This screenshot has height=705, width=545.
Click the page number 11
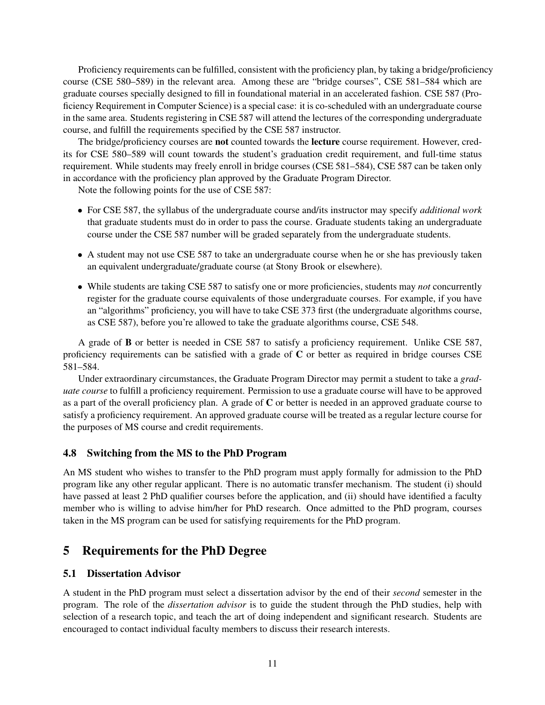coord(272,663)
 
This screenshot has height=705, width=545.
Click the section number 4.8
coord(70,453)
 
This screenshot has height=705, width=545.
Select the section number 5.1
coord(70,573)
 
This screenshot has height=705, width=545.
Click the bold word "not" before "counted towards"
coord(221,142)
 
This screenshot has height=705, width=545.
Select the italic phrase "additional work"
coord(451,210)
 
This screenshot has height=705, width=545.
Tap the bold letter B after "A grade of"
coord(128,342)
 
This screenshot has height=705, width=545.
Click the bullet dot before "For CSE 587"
coord(80,211)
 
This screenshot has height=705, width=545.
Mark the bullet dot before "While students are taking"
coord(80,287)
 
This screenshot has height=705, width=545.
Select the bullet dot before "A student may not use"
coord(80,255)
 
